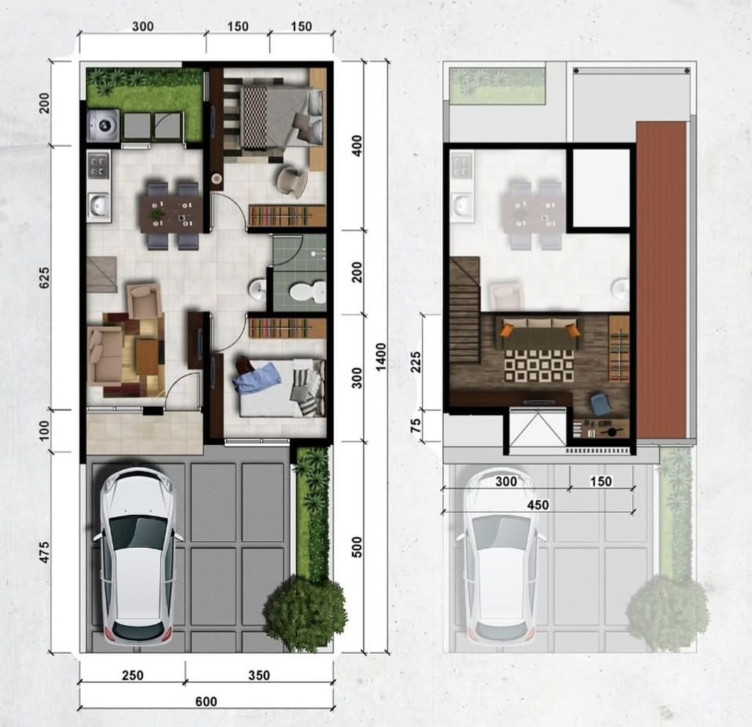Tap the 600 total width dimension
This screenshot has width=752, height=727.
(x=206, y=701)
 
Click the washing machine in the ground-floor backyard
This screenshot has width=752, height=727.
(x=102, y=126)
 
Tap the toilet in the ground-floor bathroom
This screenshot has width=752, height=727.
(x=308, y=292)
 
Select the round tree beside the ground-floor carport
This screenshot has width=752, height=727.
(x=305, y=613)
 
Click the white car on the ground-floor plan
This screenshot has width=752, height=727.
(x=137, y=556)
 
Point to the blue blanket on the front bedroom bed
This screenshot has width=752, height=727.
(x=258, y=378)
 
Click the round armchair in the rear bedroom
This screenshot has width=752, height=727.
(x=292, y=181)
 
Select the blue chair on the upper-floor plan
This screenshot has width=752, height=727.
(x=601, y=404)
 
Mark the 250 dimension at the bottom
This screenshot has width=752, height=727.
(x=133, y=676)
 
